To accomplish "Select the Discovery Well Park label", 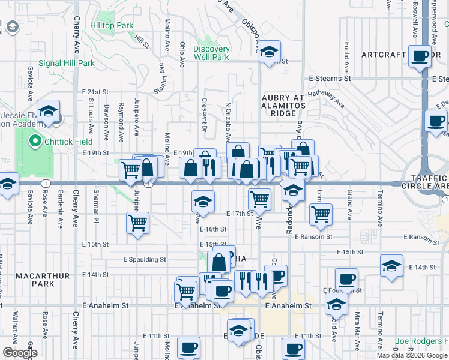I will point(211,53).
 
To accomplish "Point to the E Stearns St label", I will point(330,79).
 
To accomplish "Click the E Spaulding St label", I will point(144,260).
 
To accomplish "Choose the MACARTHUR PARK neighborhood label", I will point(43,280).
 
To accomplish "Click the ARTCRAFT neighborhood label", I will point(384,55).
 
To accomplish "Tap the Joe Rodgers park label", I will point(421,341).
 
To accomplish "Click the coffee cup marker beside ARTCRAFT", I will point(420,57).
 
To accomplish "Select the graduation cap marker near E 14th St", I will point(391,266).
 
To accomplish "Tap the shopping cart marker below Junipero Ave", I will point(138,223).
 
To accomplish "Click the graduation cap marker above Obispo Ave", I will point(270,52).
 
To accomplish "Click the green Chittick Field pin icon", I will point(35,142).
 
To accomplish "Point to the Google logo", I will point(19,353).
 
